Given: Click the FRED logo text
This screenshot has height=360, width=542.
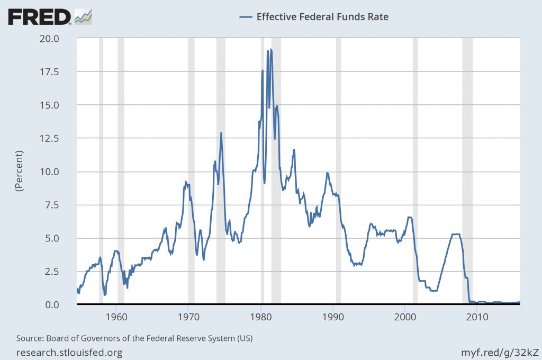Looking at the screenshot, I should [39, 17].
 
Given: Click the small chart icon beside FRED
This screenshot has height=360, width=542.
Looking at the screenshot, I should [84, 16].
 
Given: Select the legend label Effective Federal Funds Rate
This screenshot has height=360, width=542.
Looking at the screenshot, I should [322, 16].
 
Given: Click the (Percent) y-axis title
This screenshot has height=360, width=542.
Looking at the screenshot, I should [20, 170].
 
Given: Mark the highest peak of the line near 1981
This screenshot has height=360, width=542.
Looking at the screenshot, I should [271, 49].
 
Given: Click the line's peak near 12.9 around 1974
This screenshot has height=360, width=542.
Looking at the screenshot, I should [221, 133].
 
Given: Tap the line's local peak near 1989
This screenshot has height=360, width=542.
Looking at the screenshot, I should [327, 173].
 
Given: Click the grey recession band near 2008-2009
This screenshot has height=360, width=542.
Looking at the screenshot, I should [467, 159].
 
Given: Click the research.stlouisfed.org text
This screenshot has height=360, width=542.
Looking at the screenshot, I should [69, 352].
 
